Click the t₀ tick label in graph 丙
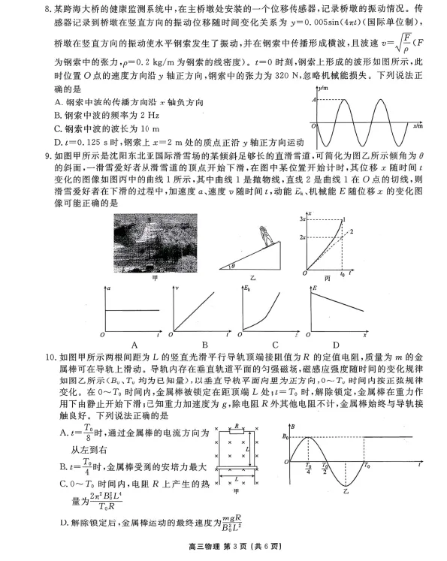click(343, 276)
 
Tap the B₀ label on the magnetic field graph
click(284, 436)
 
